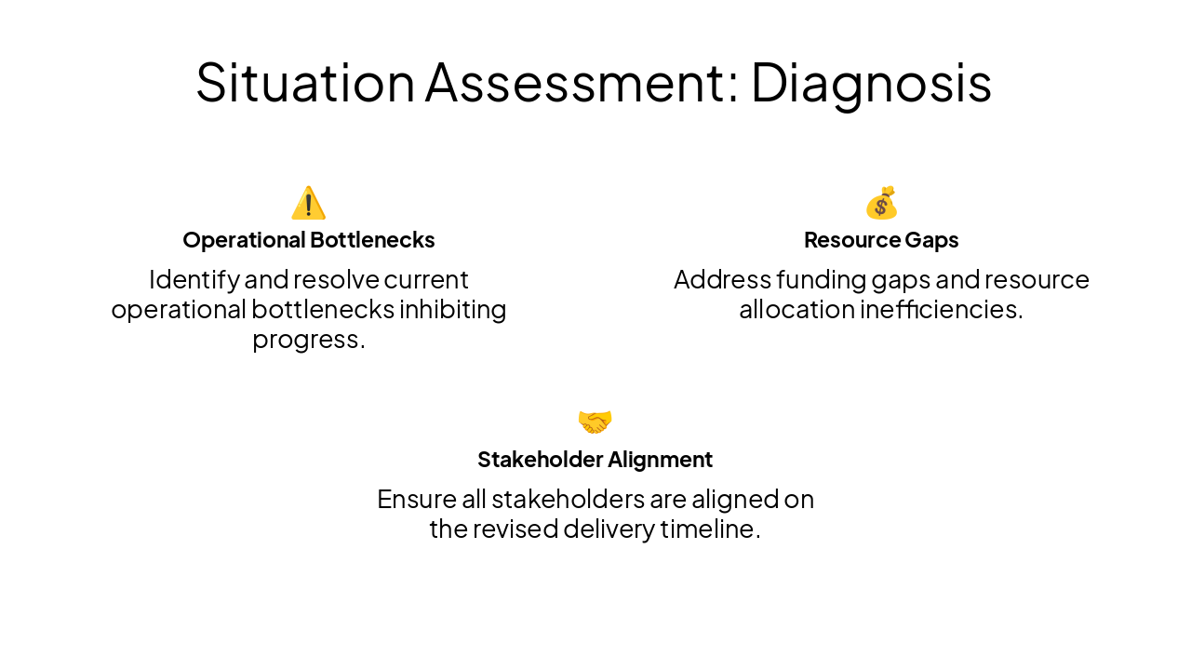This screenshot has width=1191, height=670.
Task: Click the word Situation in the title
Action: (305, 82)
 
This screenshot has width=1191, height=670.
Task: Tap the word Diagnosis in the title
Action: (871, 82)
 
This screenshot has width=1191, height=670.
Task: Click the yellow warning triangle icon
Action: (308, 203)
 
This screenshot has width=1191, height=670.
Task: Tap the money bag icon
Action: (881, 203)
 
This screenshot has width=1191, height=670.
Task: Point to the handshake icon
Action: (595, 422)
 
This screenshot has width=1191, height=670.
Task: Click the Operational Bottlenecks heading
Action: (309, 240)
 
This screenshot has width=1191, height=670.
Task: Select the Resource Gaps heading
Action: (881, 240)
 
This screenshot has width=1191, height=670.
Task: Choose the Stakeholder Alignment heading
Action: (595, 460)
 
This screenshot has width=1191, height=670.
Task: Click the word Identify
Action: (194, 279)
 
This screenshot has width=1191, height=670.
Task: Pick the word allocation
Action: (796, 309)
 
